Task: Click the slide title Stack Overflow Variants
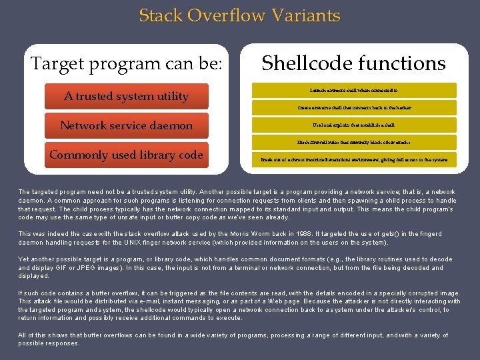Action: pos(239,15)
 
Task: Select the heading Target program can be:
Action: pos(127,64)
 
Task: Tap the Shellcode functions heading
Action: pos(353,63)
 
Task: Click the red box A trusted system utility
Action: pos(127,96)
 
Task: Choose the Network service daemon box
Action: pos(127,125)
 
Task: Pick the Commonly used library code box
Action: pos(127,155)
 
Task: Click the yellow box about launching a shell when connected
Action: pos(354,89)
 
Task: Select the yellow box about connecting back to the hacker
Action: pos(354,107)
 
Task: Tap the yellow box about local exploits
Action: pos(354,125)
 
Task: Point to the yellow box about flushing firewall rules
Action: pos(354,142)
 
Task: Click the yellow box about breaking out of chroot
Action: pos(354,160)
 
